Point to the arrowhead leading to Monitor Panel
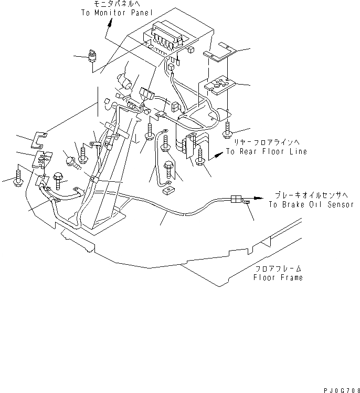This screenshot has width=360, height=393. pos(110,22)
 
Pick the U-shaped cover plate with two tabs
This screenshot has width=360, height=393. pos(39,138)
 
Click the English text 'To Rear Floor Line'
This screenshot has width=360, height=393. pos(266,151)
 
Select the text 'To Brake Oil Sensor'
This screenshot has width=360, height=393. pos(310,204)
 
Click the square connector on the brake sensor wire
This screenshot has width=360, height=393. pos(236,199)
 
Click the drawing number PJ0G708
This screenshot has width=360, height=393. pos(339,388)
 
